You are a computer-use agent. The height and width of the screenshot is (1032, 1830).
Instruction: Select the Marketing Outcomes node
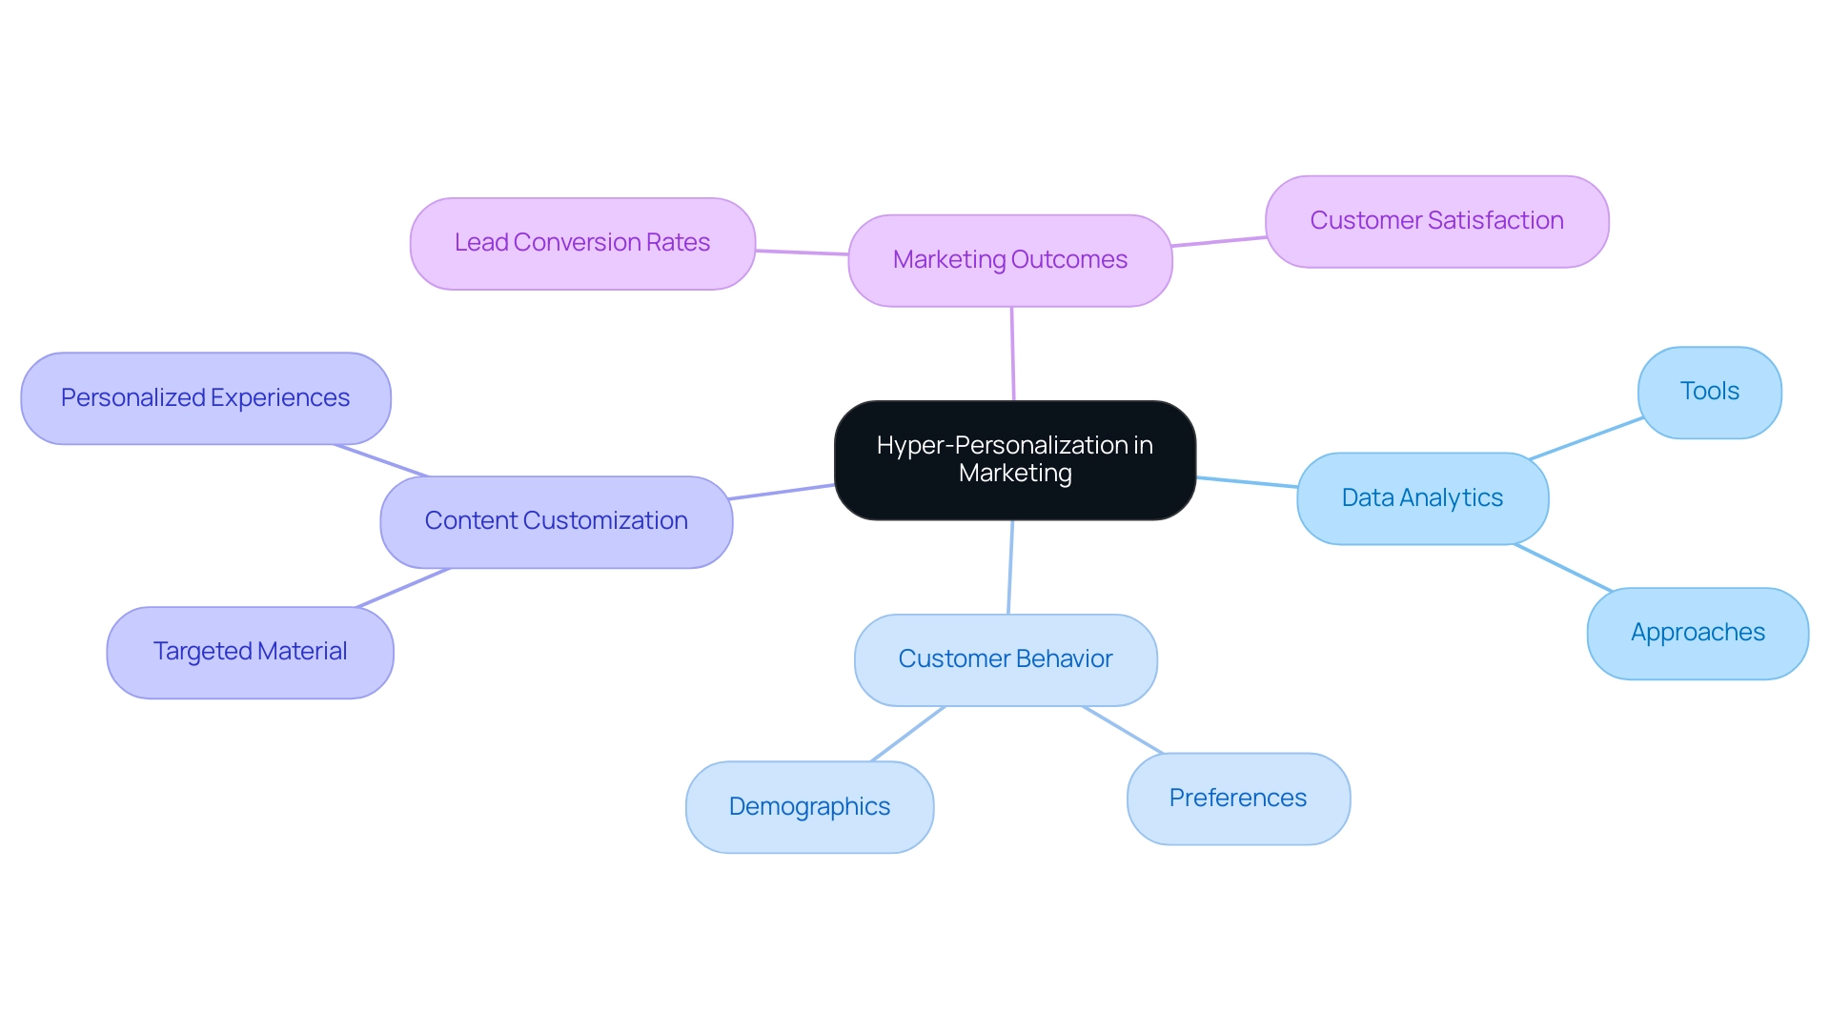(1009, 260)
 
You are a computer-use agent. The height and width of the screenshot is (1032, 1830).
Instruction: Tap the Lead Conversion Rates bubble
(582, 244)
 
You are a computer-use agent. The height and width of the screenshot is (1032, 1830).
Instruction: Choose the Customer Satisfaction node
(1436, 221)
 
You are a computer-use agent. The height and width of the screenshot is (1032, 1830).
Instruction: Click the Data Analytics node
(1422, 498)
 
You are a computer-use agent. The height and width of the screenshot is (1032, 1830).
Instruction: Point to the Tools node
(1709, 392)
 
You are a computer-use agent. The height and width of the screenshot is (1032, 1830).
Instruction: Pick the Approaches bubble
(1698, 633)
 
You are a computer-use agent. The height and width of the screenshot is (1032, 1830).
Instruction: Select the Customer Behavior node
(1006, 659)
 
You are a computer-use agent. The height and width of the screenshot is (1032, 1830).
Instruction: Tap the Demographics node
(809, 807)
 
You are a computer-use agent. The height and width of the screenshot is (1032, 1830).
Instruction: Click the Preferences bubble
(1237, 799)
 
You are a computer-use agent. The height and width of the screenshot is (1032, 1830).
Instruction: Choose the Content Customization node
(556, 521)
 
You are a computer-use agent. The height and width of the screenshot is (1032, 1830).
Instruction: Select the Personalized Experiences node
(205, 398)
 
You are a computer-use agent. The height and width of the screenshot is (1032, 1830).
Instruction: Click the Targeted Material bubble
(250, 652)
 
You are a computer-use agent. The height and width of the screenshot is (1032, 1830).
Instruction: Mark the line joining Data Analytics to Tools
(1585, 438)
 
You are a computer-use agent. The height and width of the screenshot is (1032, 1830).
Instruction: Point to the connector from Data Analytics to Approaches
(1563, 568)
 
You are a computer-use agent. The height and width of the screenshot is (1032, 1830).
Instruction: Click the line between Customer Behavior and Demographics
(907, 734)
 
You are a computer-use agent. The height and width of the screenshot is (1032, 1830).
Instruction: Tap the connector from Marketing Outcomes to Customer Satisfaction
(1218, 242)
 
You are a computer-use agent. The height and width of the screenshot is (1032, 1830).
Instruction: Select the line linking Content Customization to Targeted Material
(402, 588)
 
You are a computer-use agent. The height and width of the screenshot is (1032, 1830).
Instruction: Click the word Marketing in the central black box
(1015, 474)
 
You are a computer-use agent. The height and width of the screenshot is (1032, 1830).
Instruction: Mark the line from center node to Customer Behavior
(1010, 567)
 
